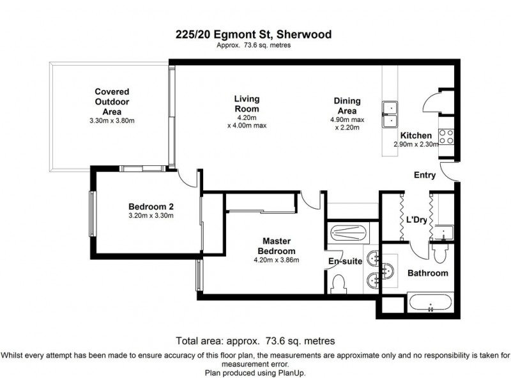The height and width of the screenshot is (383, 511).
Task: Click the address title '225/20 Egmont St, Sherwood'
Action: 254,35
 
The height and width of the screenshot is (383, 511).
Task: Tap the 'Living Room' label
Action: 247,103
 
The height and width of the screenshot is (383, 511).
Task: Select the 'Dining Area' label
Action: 347,105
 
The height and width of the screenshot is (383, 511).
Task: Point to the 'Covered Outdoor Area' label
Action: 112,101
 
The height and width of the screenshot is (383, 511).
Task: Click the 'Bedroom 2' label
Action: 151,206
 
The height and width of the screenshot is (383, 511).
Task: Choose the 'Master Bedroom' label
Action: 277,246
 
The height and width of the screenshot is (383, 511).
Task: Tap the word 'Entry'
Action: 425,176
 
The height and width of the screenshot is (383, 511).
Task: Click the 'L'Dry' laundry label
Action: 416,220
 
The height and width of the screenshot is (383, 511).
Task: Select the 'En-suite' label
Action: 345,262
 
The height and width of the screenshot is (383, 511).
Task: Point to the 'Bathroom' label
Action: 427,273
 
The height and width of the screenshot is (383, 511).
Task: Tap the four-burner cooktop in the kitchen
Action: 446,136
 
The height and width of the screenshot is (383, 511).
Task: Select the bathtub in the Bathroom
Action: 430,303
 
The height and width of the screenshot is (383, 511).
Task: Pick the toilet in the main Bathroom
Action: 439,254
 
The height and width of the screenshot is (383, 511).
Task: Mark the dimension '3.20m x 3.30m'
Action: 151,215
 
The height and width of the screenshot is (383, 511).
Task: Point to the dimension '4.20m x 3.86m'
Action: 277,260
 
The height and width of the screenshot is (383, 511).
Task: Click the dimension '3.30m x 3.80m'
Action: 112,120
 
